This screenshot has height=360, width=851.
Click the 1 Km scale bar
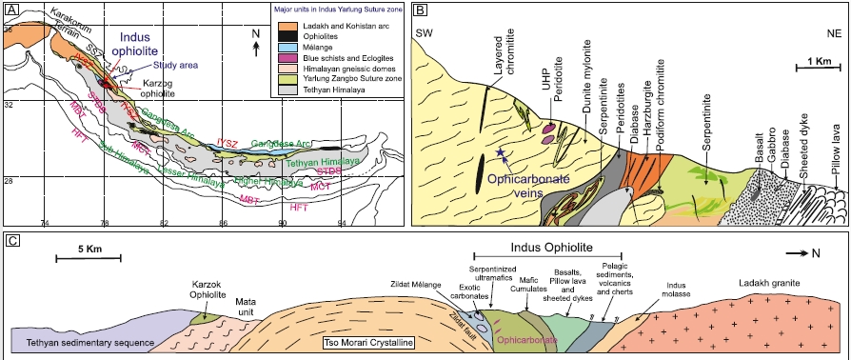815,70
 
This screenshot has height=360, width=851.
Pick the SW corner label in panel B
425,34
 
